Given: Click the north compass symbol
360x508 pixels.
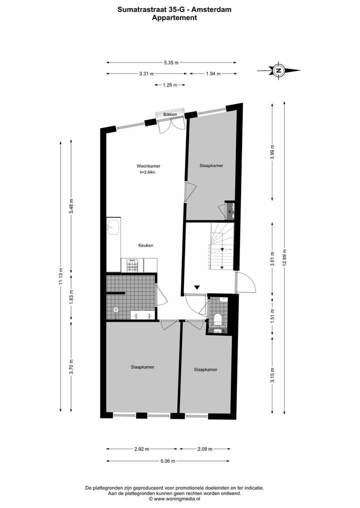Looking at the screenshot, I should (278, 70).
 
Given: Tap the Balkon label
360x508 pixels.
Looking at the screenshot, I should (170, 115).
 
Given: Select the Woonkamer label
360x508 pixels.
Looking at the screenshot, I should (148, 166).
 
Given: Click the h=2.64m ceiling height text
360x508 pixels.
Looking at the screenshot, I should (148, 173).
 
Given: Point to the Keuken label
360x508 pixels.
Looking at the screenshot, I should (146, 245).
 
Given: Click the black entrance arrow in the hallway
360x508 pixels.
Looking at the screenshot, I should (197, 287).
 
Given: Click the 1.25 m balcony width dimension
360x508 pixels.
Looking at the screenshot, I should (170, 85).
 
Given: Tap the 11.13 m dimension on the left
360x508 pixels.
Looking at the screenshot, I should (60, 276).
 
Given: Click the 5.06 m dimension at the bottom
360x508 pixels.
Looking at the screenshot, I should (168, 461).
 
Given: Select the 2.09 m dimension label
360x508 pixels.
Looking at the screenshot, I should (205, 449).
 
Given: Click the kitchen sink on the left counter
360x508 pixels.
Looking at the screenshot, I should (112, 228).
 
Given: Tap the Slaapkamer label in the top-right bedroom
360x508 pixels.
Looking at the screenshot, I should (211, 165).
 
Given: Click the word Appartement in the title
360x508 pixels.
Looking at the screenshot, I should (174, 17).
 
